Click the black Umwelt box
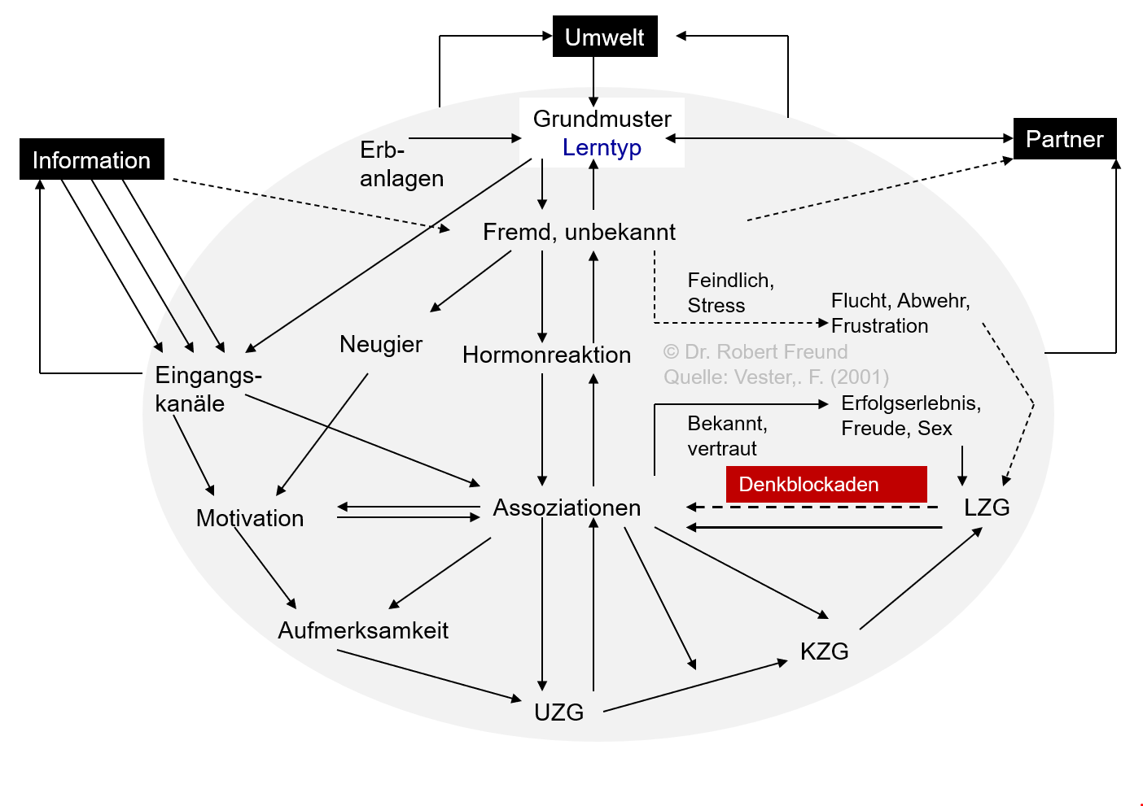[x=604, y=37]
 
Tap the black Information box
[x=91, y=159]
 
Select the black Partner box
[x=1064, y=139]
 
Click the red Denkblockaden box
[x=825, y=484]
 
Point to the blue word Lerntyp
[x=602, y=148]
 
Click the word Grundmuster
[x=602, y=119]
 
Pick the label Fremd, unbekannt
[x=579, y=232]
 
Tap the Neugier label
[x=381, y=344]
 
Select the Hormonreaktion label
[x=546, y=355]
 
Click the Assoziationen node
[x=567, y=508]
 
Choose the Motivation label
[x=250, y=518]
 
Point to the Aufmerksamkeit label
[x=363, y=630]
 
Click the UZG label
[x=558, y=712]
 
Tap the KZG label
[x=824, y=651]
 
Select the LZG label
[x=987, y=508]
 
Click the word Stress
[x=716, y=306]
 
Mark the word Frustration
[x=879, y=326]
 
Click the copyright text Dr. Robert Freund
[x=755, y=352]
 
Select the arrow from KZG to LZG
[x=921, y=579]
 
